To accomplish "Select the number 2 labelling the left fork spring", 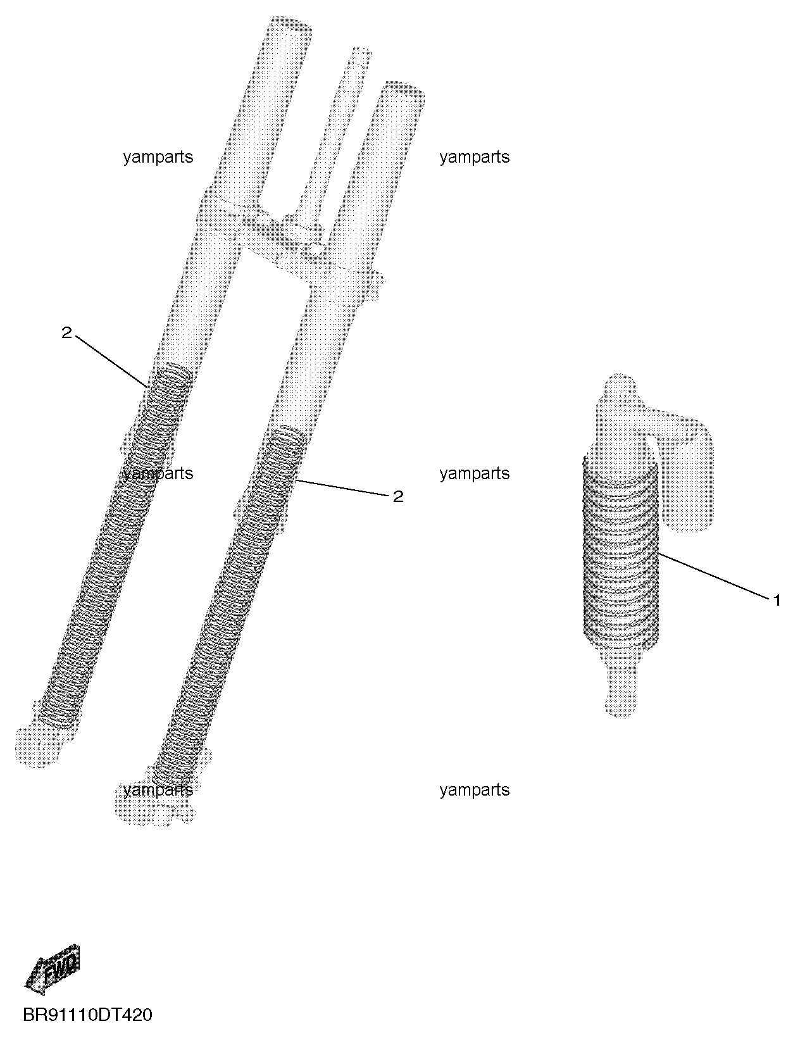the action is pyautogui.click(x=66, y=333).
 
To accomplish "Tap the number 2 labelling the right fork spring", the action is pyautogui.click(x=398, y=497).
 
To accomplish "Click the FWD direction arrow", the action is pyautogui.click(x=53, y=970).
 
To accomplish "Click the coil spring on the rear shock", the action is pyautogui.click(x=620, y=553).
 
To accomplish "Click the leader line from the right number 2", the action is pyautogui.click(x=343, y=487).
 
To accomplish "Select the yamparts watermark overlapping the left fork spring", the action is pyautogui.click(x=158, y=474).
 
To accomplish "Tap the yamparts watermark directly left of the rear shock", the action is pyautogui.click(x=474, y=474).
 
